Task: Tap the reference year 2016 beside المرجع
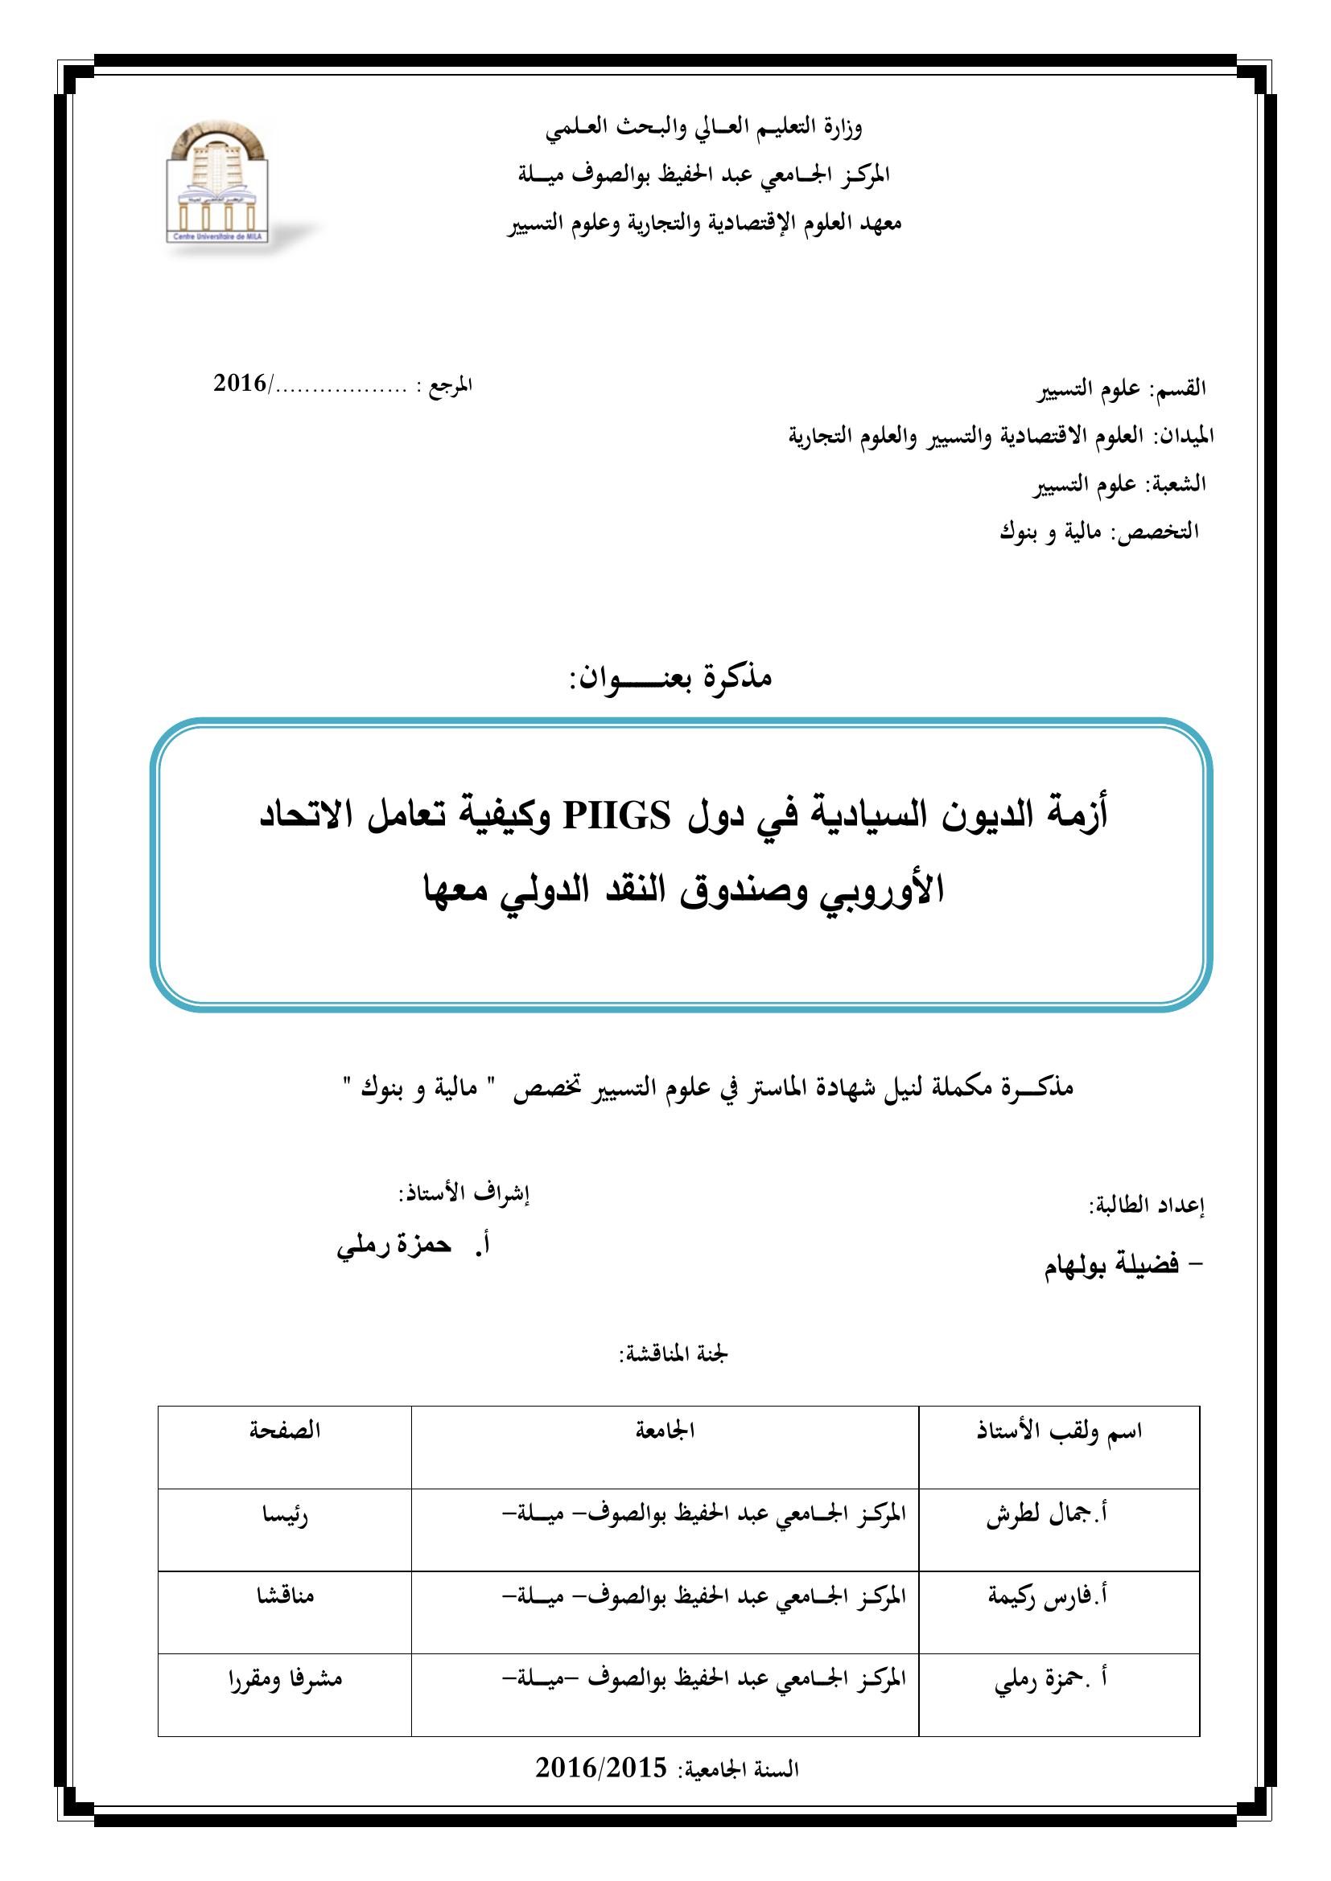click(240, 383)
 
